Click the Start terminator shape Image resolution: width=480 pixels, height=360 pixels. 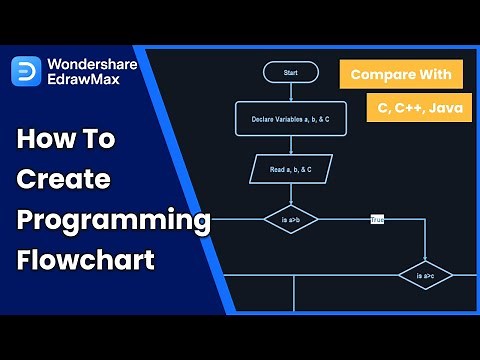(x=290, y=72)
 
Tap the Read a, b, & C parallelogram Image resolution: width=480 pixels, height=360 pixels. (x=290, y=168)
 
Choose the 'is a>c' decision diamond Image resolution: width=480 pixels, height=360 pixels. (x=425, y=274)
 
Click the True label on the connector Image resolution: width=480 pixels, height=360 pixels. (x=377, y=218)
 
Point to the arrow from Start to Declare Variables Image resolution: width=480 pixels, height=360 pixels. (x=290, y=92)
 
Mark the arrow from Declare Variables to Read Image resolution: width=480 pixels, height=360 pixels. (x=290, y=144)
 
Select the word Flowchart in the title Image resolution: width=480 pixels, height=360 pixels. (x=86, y=261)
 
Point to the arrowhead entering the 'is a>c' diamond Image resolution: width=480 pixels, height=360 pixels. (x=425, y=259)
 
